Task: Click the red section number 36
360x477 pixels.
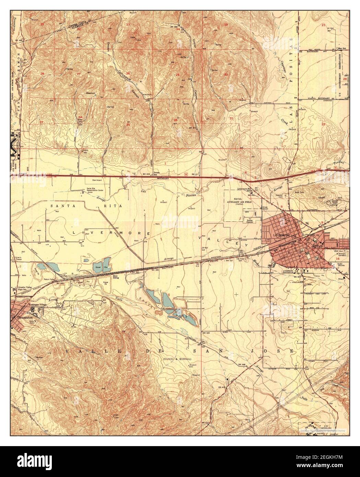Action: pyautogui.click(x=176, y=120)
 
